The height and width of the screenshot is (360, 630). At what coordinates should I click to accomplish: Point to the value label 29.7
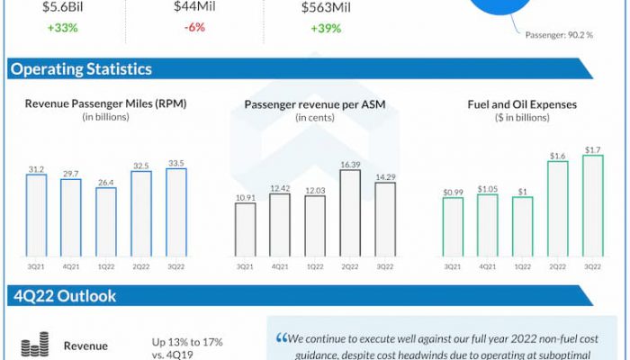click(71, 171)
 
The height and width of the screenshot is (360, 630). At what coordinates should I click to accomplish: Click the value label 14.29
click(384, 175)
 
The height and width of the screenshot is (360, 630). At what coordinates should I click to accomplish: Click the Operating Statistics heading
click(81, 69)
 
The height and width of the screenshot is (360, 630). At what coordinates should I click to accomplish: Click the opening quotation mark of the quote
click(282, 339)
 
